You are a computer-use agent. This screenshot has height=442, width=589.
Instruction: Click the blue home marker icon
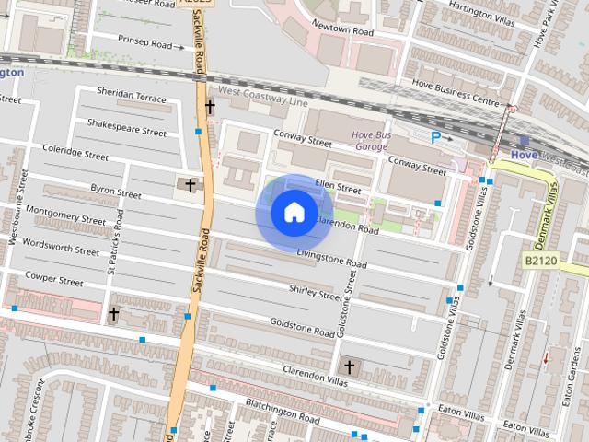(x=294, y=213)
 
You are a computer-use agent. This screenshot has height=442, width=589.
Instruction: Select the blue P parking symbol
(x=436, y=137)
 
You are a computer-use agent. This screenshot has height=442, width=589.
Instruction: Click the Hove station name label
(x=524, y=155)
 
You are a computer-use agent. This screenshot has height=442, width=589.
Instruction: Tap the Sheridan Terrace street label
(x=132, y=97)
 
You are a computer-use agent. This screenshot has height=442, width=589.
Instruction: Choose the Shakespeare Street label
(x=126, y=127)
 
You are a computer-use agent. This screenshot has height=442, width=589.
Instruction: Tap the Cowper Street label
(x=54, y=275)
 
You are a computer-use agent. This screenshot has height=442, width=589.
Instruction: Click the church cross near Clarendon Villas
(x=349, y=366)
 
